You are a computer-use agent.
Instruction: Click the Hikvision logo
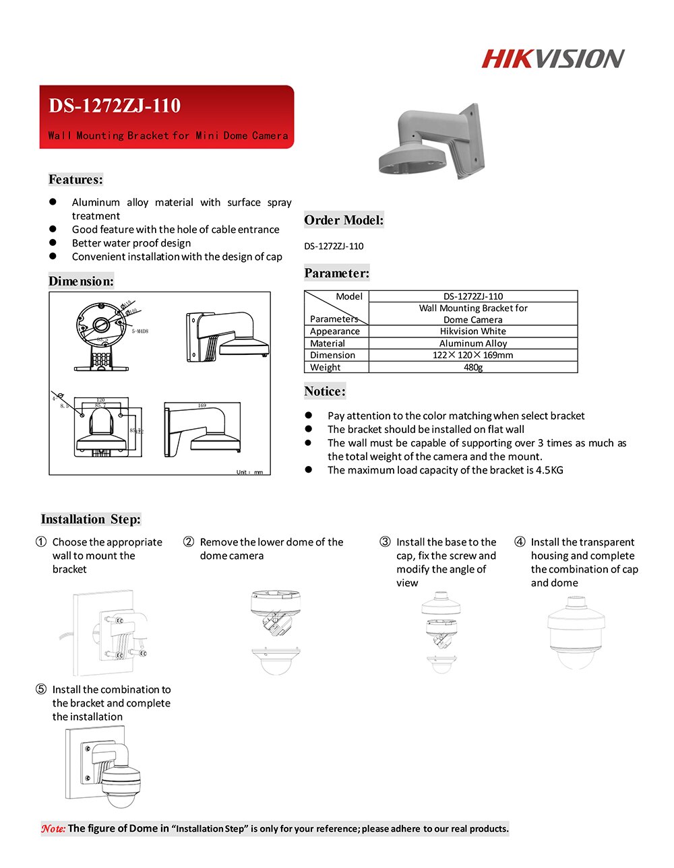tap(553, 59)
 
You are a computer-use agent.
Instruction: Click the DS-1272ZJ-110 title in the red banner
tap(115, 106)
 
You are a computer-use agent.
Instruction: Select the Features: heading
tap(75, 179)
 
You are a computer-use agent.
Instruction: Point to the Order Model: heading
tap(344, 220)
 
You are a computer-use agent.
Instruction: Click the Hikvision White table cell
tap(472, 331)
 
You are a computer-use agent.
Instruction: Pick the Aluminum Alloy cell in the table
tap(472, 343)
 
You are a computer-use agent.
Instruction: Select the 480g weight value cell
tap(472, 367)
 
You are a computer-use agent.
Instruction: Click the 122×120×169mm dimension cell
tap(472, 355)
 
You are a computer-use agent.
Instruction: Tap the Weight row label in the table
tap(326, 367)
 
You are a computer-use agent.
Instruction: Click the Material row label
tap(328, 343)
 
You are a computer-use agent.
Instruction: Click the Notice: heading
tap(324, 391)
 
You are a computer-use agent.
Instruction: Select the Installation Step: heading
tap(90, 519)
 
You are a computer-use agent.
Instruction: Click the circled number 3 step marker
tap(385, 542)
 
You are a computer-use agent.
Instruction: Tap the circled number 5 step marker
tap(41, 690)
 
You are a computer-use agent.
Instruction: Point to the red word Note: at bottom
tap(53, 829)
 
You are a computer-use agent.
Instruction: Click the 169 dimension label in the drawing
tap(202, 406)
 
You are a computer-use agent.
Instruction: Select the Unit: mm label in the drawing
tap(249, 472)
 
